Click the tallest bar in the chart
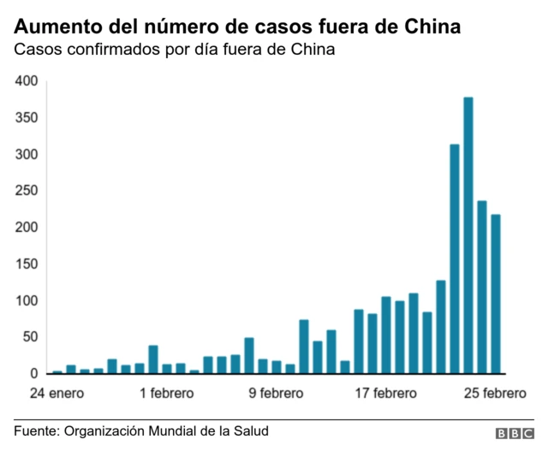point(468,235)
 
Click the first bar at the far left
point(57,372)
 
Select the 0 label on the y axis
point(34,374)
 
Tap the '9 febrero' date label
point(276,394)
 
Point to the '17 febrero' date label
point(385,394)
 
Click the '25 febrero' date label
point(495,394)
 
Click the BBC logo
point(514,434)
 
